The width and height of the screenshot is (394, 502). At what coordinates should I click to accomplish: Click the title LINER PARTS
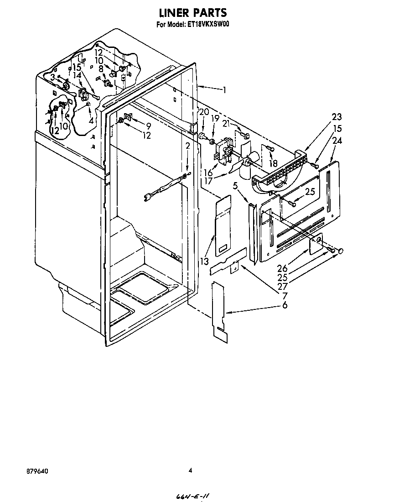[x=193, y=12]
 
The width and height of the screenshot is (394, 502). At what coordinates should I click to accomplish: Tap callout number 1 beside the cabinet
[x=224, y=90]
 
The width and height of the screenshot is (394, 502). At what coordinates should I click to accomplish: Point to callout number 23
[x=337, y=116]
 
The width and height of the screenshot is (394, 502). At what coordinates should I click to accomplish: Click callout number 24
[x=337, y=141]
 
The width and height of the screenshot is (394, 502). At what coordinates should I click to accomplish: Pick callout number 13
[x=204, y=262]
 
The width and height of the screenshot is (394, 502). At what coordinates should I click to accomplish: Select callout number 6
[x=284, y=305]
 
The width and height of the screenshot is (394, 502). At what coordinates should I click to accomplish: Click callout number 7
[x=284, y=296]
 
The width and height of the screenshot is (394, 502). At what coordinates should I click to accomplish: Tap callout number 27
[x=282, y=287]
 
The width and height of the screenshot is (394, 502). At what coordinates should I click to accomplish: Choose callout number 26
[x=282, y=268]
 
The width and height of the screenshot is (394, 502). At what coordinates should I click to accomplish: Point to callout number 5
[x=235, y=186]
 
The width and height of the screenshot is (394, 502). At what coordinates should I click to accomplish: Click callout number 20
[x=204, y=112]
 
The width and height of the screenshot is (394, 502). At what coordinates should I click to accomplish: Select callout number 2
[x=188, y=146]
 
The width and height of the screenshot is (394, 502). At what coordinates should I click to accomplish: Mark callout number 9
[x=148, y=127]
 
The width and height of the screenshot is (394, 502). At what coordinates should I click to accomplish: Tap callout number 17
[x=208, y=181]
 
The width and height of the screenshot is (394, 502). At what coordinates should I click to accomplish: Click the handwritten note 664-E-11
[x=193, y=496]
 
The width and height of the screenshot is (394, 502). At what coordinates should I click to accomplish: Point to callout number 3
[x=52, y=77]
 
